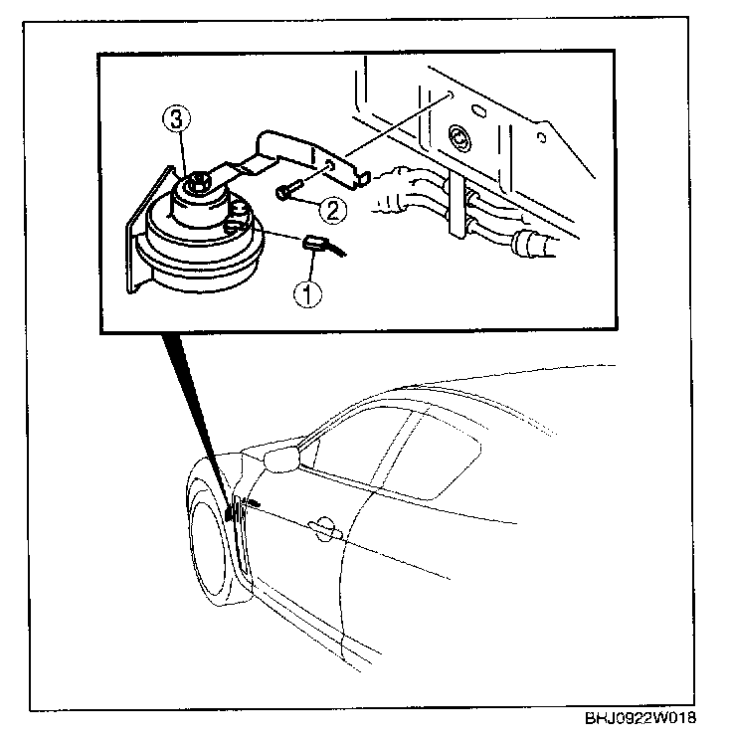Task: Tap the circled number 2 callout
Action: [x=332, y=210]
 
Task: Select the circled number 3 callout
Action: [x=175, y=120]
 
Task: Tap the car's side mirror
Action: [x=283, y=459]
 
